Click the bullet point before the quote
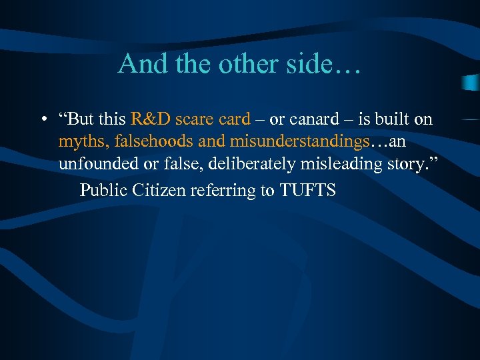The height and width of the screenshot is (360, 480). tap(42, 120)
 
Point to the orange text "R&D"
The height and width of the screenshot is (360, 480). tap(151, 119)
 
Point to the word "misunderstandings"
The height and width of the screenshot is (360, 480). tap(299, 142)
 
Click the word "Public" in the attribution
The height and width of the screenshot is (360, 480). tap(103, 191)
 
